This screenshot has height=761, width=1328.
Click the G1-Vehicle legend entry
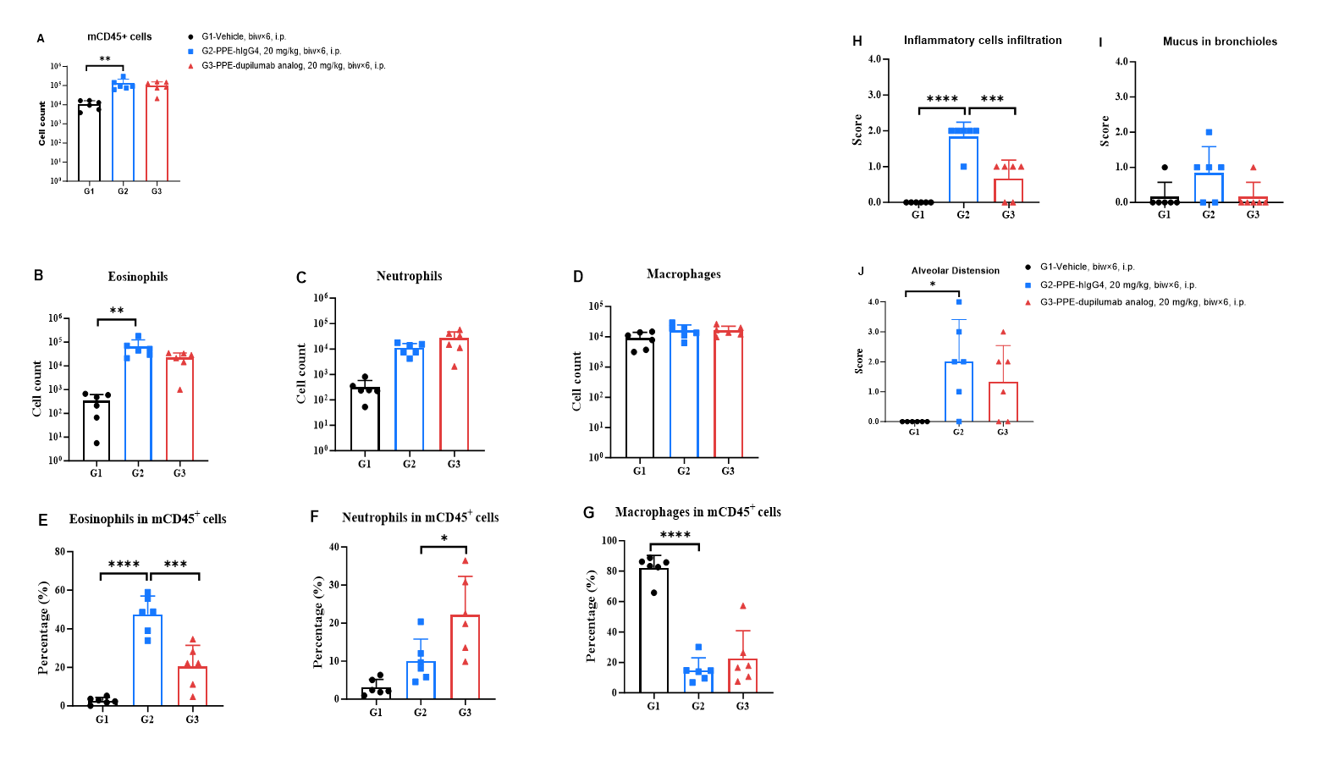click(x=243, y=37)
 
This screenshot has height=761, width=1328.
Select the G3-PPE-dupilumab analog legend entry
click(x=292, y=66)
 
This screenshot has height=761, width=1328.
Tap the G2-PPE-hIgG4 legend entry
click(x=270, y=52)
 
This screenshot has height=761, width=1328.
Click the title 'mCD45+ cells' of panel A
click(x=119, y=37)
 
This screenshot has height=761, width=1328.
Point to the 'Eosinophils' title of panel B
click(x=138, y=277)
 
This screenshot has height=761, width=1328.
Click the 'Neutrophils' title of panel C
click(x=409, y=276)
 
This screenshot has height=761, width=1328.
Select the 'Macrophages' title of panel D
click(x=684, y=274)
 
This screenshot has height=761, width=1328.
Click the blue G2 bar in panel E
click(x=147, y=660)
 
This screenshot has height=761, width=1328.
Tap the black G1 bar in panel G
click(x=653, y=631)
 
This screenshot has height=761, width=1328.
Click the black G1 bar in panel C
click(x=365, y=419)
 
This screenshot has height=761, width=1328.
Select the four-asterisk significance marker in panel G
click(x=675, y=535)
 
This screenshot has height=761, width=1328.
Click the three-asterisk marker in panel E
click(x=175, y=565)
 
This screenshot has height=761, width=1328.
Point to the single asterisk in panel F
click(x=444, y=539)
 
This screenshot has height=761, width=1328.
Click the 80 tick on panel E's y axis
click(x=60, y=552)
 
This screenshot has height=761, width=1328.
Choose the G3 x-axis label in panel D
click(x=728, y=471)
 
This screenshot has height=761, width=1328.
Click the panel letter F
click(x=315, y=516)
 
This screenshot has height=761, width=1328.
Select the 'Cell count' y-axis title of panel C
click(x=301, y=373)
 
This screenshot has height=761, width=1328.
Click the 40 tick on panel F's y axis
click(x=333, y=547)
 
